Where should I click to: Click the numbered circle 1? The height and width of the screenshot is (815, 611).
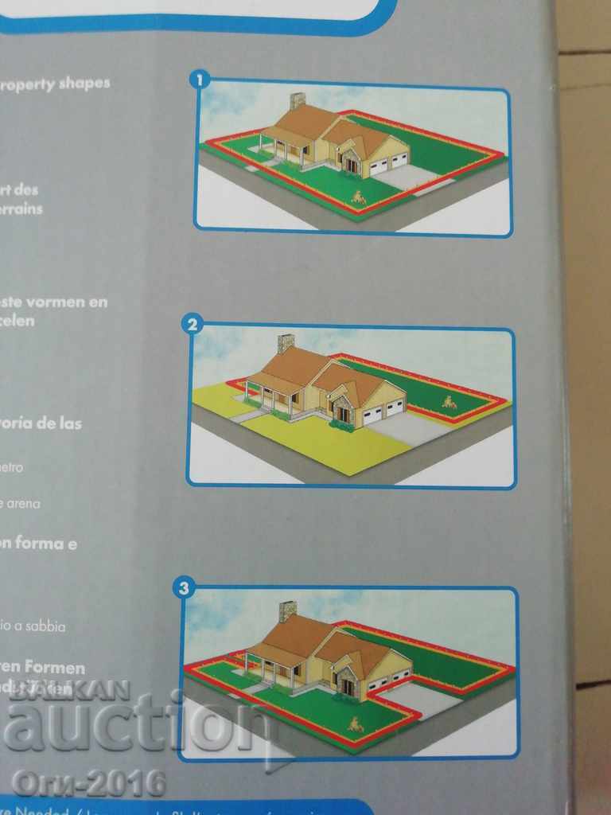199,79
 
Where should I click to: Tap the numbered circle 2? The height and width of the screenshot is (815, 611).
193,324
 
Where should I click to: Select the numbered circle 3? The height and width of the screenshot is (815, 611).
185,588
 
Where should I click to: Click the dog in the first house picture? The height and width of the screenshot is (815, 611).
359,197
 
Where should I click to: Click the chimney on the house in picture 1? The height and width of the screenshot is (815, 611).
298,101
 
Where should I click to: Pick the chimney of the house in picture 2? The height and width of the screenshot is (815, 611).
286,344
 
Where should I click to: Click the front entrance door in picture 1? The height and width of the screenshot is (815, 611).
351,164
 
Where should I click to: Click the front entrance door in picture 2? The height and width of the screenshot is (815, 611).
343,413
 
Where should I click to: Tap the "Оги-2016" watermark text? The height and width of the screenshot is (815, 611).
88,783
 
